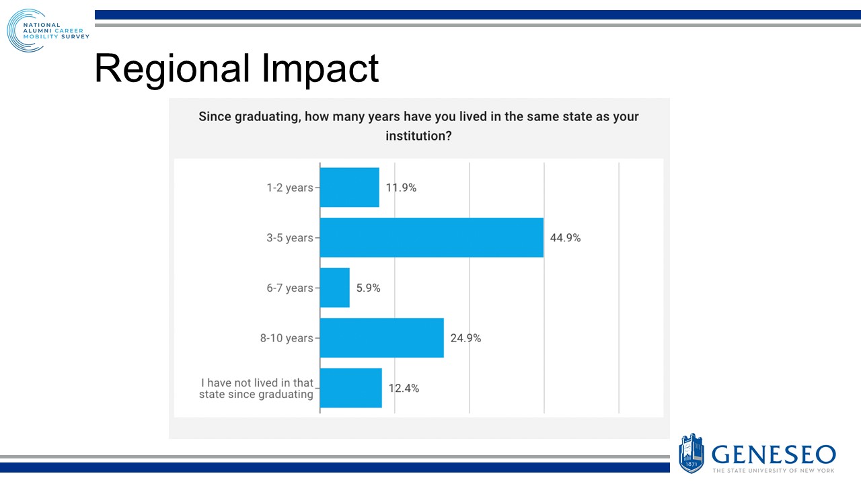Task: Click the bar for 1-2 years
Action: (349, 188)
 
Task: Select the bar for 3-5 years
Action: (431, 237)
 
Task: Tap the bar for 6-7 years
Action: (334, 288)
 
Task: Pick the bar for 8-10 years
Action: (381, 338)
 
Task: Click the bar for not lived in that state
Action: (350, 388)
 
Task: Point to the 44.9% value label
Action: (565, 238)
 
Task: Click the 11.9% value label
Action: (401, 188)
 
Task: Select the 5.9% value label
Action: (367, 288)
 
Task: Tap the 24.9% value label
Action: (465, 338)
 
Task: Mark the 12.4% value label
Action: (404, 388)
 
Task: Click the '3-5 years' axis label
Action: (289, 238)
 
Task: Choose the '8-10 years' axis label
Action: (286, 338)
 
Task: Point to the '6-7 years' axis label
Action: (289, 288)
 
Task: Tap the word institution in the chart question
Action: (415, 136)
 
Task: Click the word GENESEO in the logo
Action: (774, 454)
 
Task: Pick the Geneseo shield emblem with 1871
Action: (691, 453)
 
